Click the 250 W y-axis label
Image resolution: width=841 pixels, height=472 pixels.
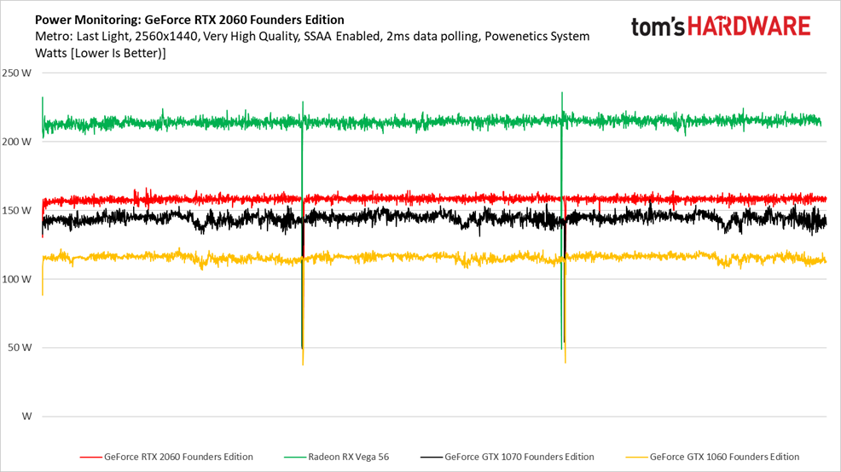click(x=17, y=73)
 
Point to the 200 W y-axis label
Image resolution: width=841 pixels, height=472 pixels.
click(x=17, y=142)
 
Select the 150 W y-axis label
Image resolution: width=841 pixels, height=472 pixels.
click(x=17, y=210)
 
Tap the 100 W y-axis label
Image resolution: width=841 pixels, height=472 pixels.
click(x=17, y=279)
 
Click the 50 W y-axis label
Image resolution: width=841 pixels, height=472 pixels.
click(x=20, y=347)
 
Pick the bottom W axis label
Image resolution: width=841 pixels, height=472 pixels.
click(x=26, y=417)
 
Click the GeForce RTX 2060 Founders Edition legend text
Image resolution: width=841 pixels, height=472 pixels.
click(x=178, y=457)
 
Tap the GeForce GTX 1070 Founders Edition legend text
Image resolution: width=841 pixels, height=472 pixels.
click(x=519, y=457)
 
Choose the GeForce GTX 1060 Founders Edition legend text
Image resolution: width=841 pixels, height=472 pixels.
click(x=724, y=457)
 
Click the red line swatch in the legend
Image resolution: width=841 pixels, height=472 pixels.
click(x=90, y=457)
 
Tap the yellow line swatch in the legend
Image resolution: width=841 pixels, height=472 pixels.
click(x=636, y=457)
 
